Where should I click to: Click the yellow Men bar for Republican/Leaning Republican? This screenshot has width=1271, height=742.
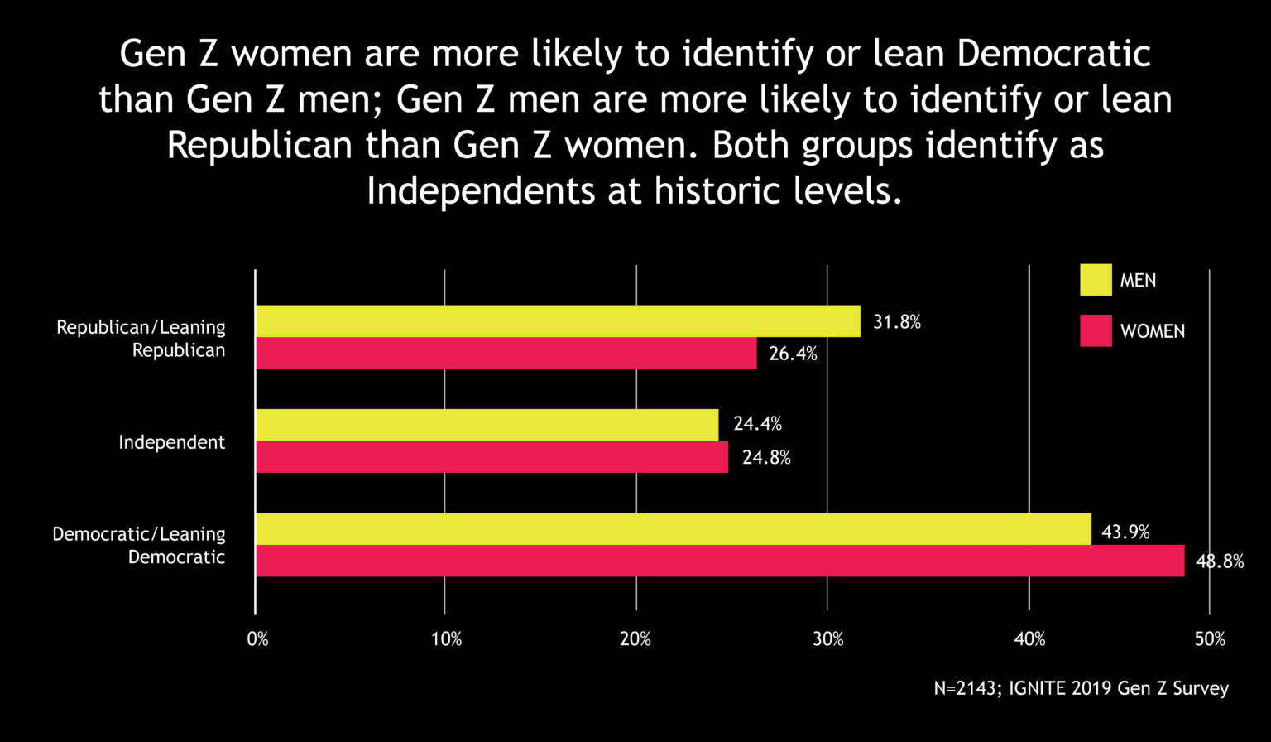tap(558, 321)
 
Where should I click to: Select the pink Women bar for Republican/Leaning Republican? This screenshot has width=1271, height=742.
tap(506, 354)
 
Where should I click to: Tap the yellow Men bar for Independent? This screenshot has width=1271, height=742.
tap(487, 425)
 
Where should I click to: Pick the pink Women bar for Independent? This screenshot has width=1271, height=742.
tap(492, 457)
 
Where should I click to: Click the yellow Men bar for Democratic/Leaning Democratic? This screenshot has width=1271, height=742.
tap(673, 529)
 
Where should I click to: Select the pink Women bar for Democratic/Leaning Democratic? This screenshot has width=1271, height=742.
tap(719, 561)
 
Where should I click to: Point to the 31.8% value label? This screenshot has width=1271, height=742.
tap(897, 322)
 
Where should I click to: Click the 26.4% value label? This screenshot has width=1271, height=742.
tap(793, 354)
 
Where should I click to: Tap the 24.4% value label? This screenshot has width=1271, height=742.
tap(757, 425)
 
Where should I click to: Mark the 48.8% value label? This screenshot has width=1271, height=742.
tap(1220, 561)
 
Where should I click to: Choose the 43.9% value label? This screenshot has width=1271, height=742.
tap(1125, 532)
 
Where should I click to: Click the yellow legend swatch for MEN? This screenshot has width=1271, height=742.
tap(1096, 280)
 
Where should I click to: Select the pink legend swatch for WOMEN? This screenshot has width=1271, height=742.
tap(1096, 330)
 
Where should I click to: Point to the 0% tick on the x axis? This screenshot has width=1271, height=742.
tap(257, 639)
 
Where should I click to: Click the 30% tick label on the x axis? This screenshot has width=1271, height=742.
tap(827, 639)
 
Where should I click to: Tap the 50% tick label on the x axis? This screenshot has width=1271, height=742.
tap(1209, 639)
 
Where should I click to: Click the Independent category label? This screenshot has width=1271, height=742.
tap(171, 442)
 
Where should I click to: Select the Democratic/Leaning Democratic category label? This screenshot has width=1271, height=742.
tap(139, 546)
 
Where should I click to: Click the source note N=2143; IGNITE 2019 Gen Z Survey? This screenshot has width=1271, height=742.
tap(1081, 688)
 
